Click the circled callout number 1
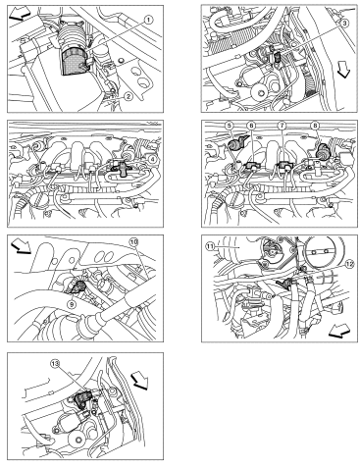coord(148,21)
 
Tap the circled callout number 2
coord(129,96)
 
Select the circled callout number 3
coord(344,23)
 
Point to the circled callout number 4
coord(151,159)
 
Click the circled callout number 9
coord(72,304)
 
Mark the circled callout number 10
coord(134,241)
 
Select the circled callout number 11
coord(209,247)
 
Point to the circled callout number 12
coord(349,264)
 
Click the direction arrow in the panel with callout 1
coord(20,15)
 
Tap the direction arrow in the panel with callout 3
coord(343,72)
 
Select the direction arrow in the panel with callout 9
coord(21,246)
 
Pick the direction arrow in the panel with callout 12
coord(340,331)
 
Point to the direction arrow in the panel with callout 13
coord(139,381)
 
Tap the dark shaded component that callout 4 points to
coord(120,169)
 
